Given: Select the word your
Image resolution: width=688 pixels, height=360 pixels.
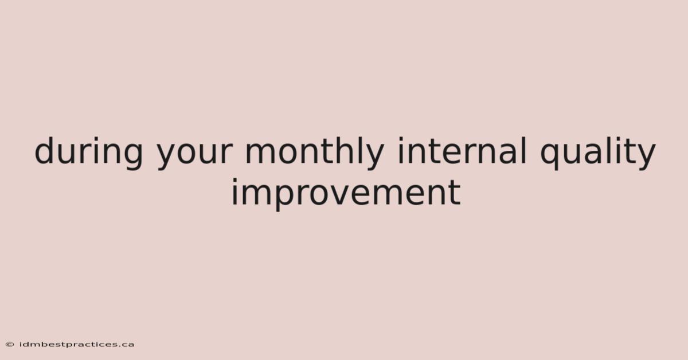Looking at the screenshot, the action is (x=194, y=156).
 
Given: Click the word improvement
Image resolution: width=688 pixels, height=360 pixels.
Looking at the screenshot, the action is (x=346, y=194).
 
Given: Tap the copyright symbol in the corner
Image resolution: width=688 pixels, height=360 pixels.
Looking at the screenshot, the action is (x=10, y=345).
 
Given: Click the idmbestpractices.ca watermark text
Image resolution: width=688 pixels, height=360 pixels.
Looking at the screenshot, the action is (x=77, y=345).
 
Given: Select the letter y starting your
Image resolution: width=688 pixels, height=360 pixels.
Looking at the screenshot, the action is (x=167, y=156).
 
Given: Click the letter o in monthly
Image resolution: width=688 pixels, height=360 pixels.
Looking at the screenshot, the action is (x=290, y=153).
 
